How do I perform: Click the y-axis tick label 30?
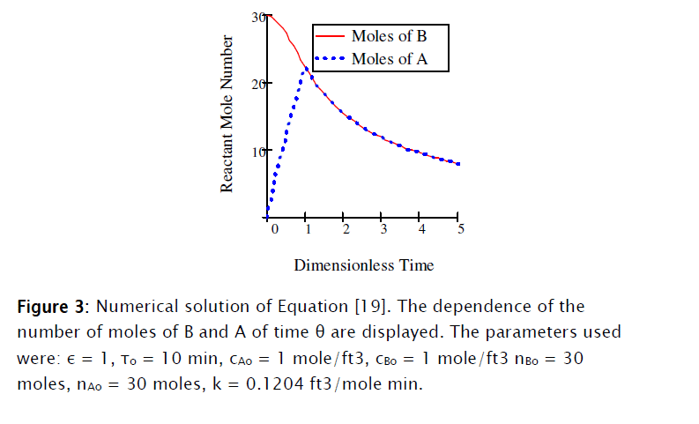tap(257, 17)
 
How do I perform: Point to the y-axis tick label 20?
tap(257, 84)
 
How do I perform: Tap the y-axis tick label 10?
tap(257, 151)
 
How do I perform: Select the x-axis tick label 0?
tap(274, 229)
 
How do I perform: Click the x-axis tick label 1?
tap(308, 229)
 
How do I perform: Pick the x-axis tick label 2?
tap(346, 229)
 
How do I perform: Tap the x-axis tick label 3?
tap(383, 229)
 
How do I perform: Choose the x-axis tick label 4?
tap(421, 229)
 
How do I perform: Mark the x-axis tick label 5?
tap(460, 229)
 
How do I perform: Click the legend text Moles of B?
tap(389, 36)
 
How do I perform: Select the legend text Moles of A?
tap(389, 59)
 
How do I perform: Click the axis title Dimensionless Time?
tap(364, 264)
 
